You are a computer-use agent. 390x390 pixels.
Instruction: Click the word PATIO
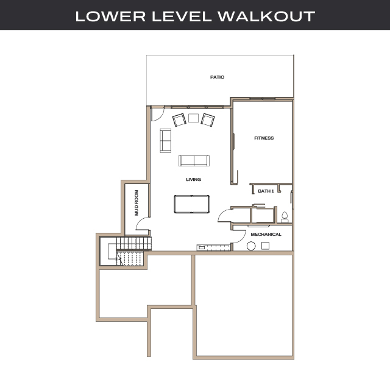pos(218,77)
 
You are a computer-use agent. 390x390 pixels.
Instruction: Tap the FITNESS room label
pos(264,138)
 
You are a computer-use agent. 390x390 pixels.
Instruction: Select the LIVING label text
pos(194,180)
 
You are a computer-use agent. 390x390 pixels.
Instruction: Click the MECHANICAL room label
pos(266,234)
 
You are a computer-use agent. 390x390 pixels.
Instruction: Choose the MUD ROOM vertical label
pos(137,203)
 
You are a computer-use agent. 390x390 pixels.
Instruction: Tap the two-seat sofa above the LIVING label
pos(194,161)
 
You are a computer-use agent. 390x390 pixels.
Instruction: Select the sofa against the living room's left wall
pos(166,140)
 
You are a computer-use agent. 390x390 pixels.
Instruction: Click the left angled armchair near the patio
pos(180,120)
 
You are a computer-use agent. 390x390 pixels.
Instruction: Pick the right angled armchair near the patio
pos(208,120)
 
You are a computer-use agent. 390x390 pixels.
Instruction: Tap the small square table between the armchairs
pos(194,118)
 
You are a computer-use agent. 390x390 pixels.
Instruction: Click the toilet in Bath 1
pos(284,216)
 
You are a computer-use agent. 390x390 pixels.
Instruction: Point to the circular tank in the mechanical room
pos(251,246)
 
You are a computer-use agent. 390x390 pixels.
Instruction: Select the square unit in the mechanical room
pos(266,245)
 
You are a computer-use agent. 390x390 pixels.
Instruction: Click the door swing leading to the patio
pos(157,113)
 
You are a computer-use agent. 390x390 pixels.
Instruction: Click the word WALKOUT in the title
pos(275,16)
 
